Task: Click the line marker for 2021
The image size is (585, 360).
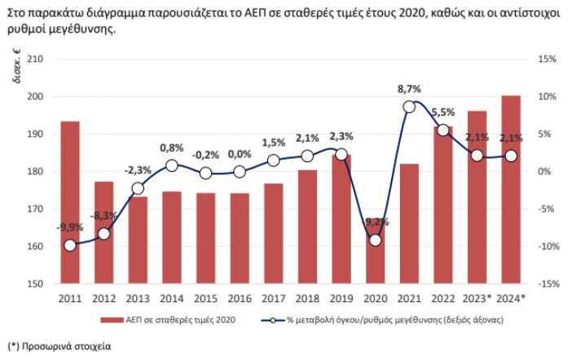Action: (409, 107)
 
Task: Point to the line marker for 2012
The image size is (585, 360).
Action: (103, 234)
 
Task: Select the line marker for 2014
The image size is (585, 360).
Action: (172, 165)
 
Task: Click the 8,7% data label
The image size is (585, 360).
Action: (409, 89)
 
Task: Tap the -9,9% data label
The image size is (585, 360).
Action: (70, 227)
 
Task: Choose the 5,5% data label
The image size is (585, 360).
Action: (442, 112)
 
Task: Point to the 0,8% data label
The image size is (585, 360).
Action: (171, 147)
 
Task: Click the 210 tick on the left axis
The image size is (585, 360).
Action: (35, 59)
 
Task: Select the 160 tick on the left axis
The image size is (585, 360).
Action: (35, 247)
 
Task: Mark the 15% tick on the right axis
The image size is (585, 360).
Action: (547, 59)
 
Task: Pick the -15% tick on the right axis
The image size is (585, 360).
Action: (545, 284)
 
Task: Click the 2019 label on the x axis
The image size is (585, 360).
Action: (341, 297)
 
